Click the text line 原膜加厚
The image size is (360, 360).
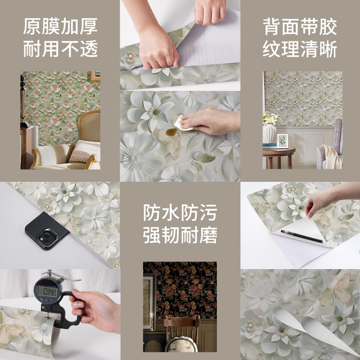pyautogui.click(x=60, y=27)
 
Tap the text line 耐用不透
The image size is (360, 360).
pyautogui.click(x=60, y=49)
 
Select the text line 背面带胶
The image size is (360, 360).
pyautogui.click(x=300, y=27)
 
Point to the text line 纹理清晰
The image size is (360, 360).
pyautogui.click(x=300, y=49)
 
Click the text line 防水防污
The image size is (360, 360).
pyautogui.click(x=180, y=212)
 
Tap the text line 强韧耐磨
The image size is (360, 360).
pyautogui.click(x=180, y=235)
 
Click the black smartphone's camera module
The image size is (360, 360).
pyautogui.click(x=48, y=238)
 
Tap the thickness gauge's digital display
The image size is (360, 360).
pyautogui.click(x=47, y=291)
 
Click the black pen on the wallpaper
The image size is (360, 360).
pyautogui.click(x=301, y=236)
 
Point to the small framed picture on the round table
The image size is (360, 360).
pyautogui.click(x=283, y=141)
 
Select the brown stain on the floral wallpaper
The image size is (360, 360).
pyautogui.click(x=171, y=132)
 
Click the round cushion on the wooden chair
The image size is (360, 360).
pyautogui.click(x=181, y=344)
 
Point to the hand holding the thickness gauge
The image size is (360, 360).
pyautogui.click(x=96, y=310)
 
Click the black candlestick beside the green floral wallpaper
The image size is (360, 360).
pyautogui.click(x=23, y=101)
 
